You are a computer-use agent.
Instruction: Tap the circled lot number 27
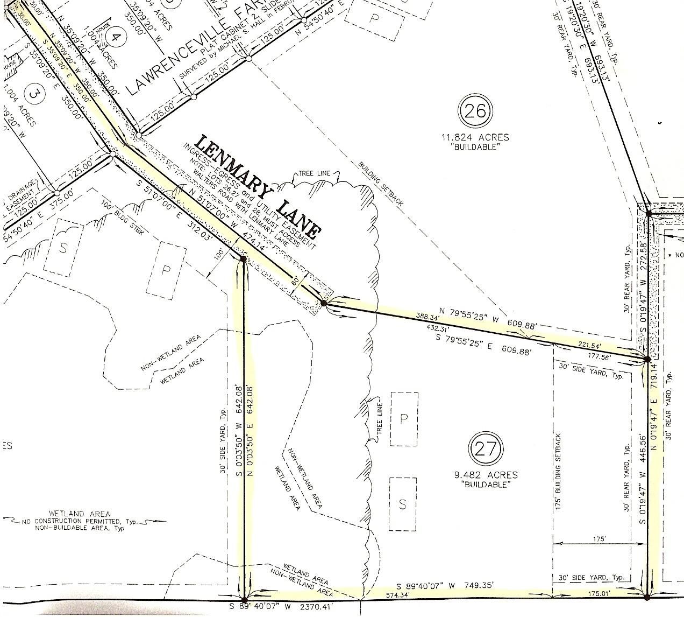pos(486,448)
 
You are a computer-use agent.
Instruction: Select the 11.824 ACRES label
pos(472,137)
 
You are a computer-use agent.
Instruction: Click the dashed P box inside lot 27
pos(404,419)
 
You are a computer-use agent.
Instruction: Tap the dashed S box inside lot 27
pos(402,504)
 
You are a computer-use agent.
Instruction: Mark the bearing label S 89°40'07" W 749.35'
pos(444,586)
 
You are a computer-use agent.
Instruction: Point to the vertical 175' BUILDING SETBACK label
pos(559,472)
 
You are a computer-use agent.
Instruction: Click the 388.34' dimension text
pos(428,316)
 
